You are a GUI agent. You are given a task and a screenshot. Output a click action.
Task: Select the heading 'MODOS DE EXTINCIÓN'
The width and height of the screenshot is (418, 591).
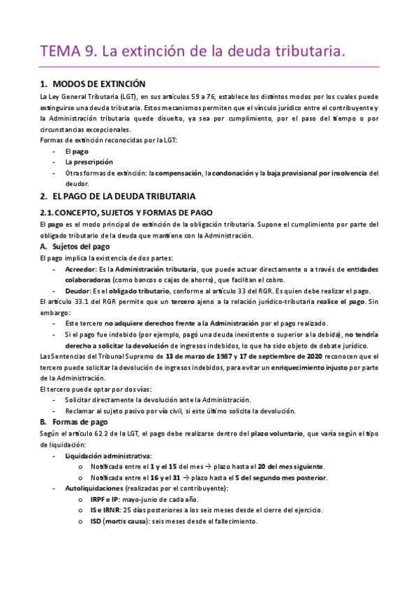tap(98, 84)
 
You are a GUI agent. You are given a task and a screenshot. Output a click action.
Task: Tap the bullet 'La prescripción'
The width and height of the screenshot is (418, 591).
tap(89, 161)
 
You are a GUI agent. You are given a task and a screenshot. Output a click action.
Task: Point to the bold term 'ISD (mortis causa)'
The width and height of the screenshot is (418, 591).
tap(121, 521)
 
